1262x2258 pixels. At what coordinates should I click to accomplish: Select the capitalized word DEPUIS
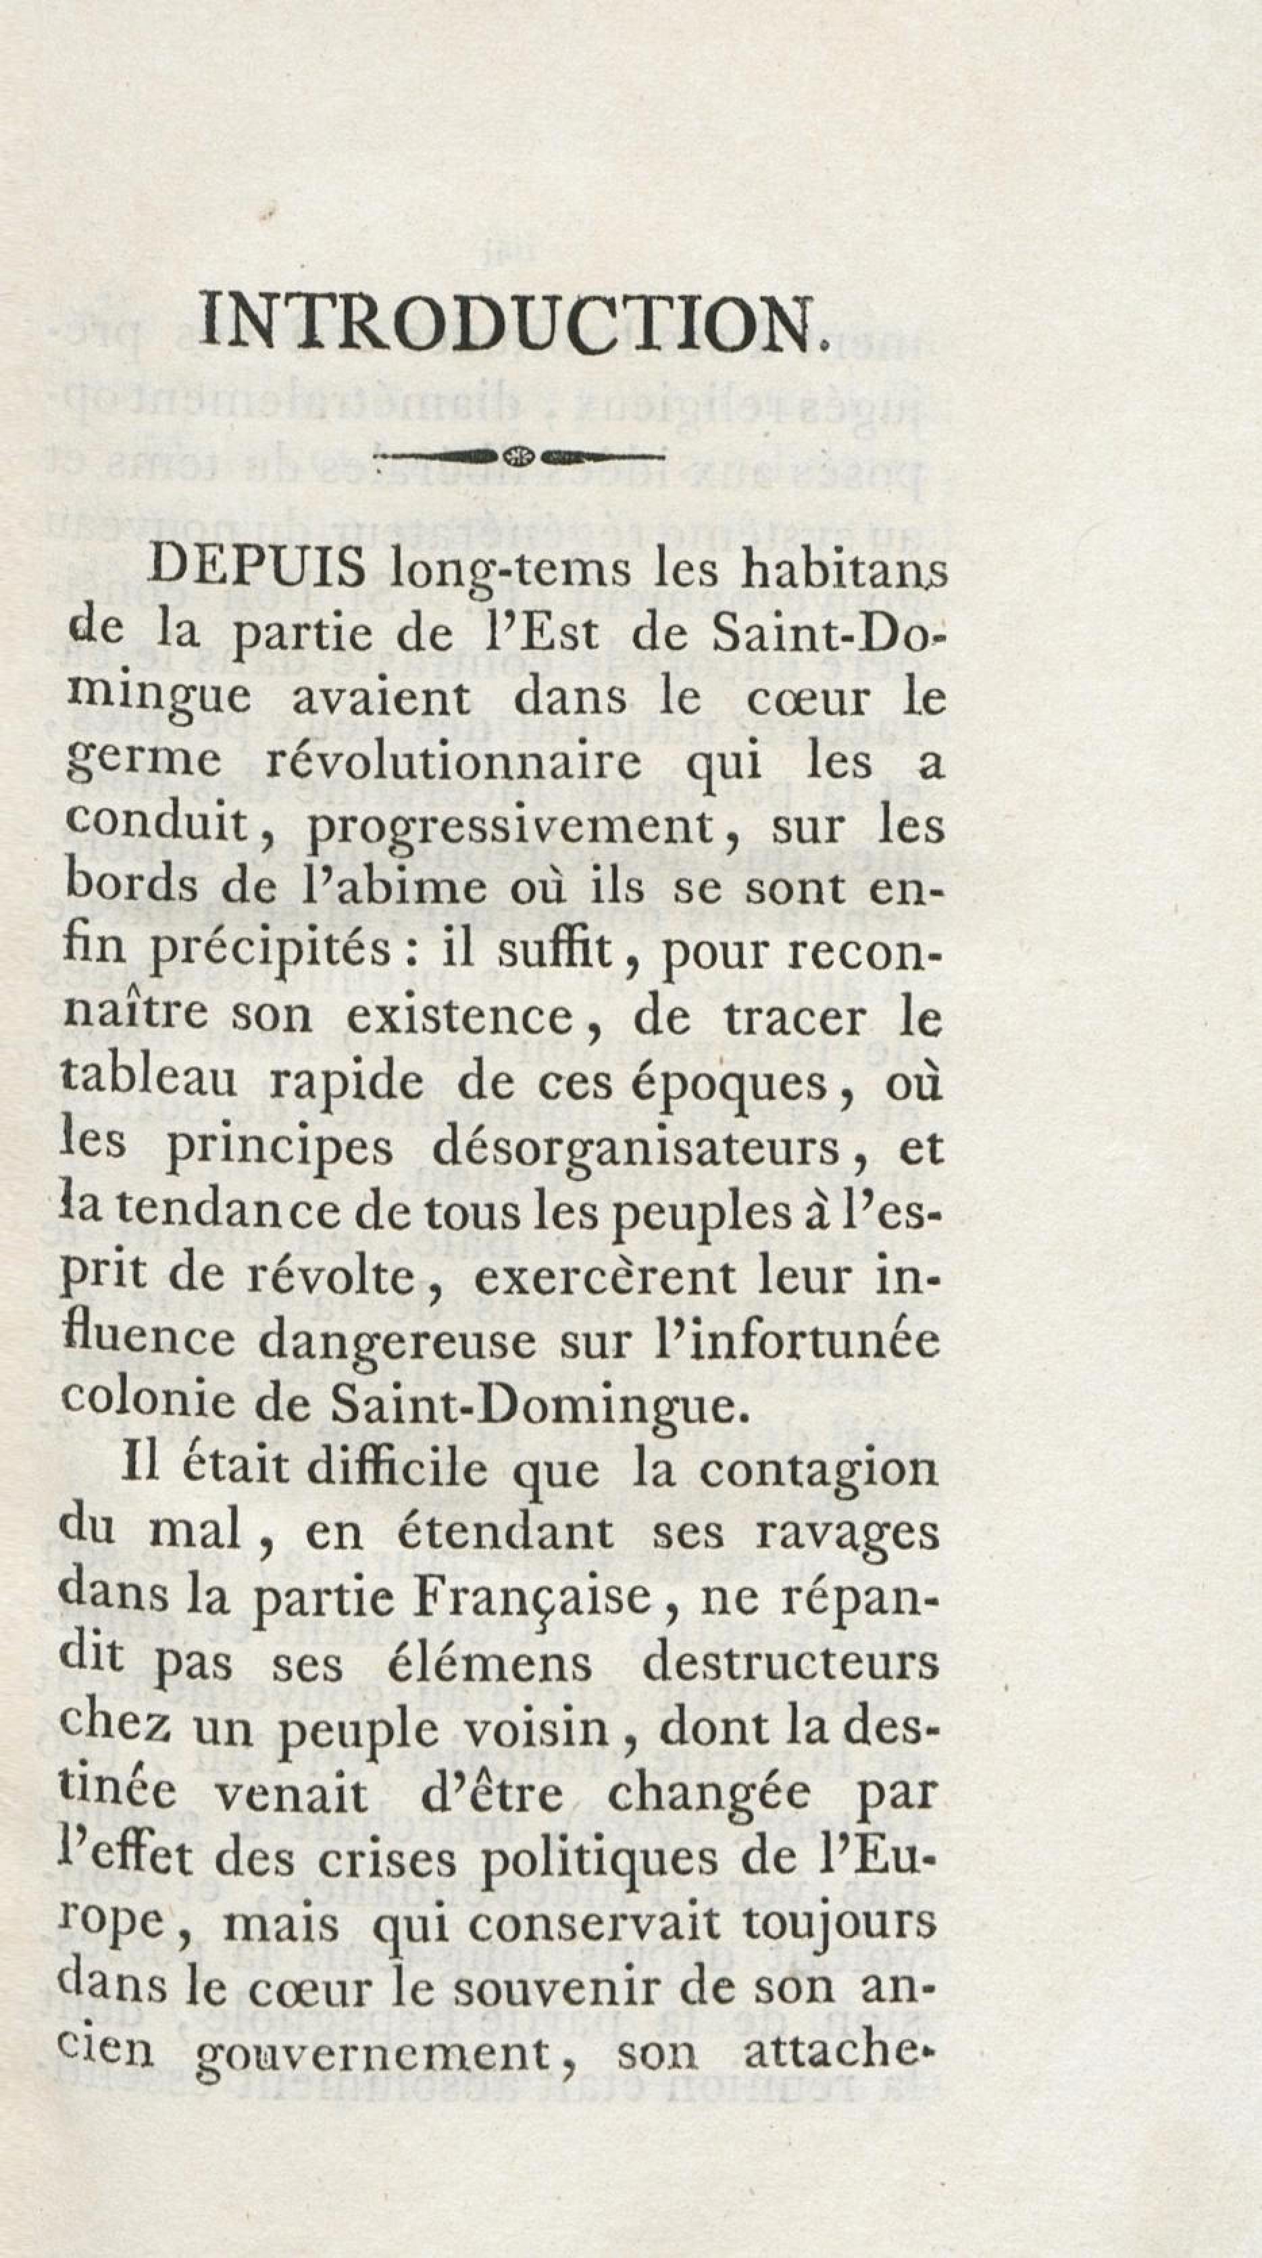[259, 571]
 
